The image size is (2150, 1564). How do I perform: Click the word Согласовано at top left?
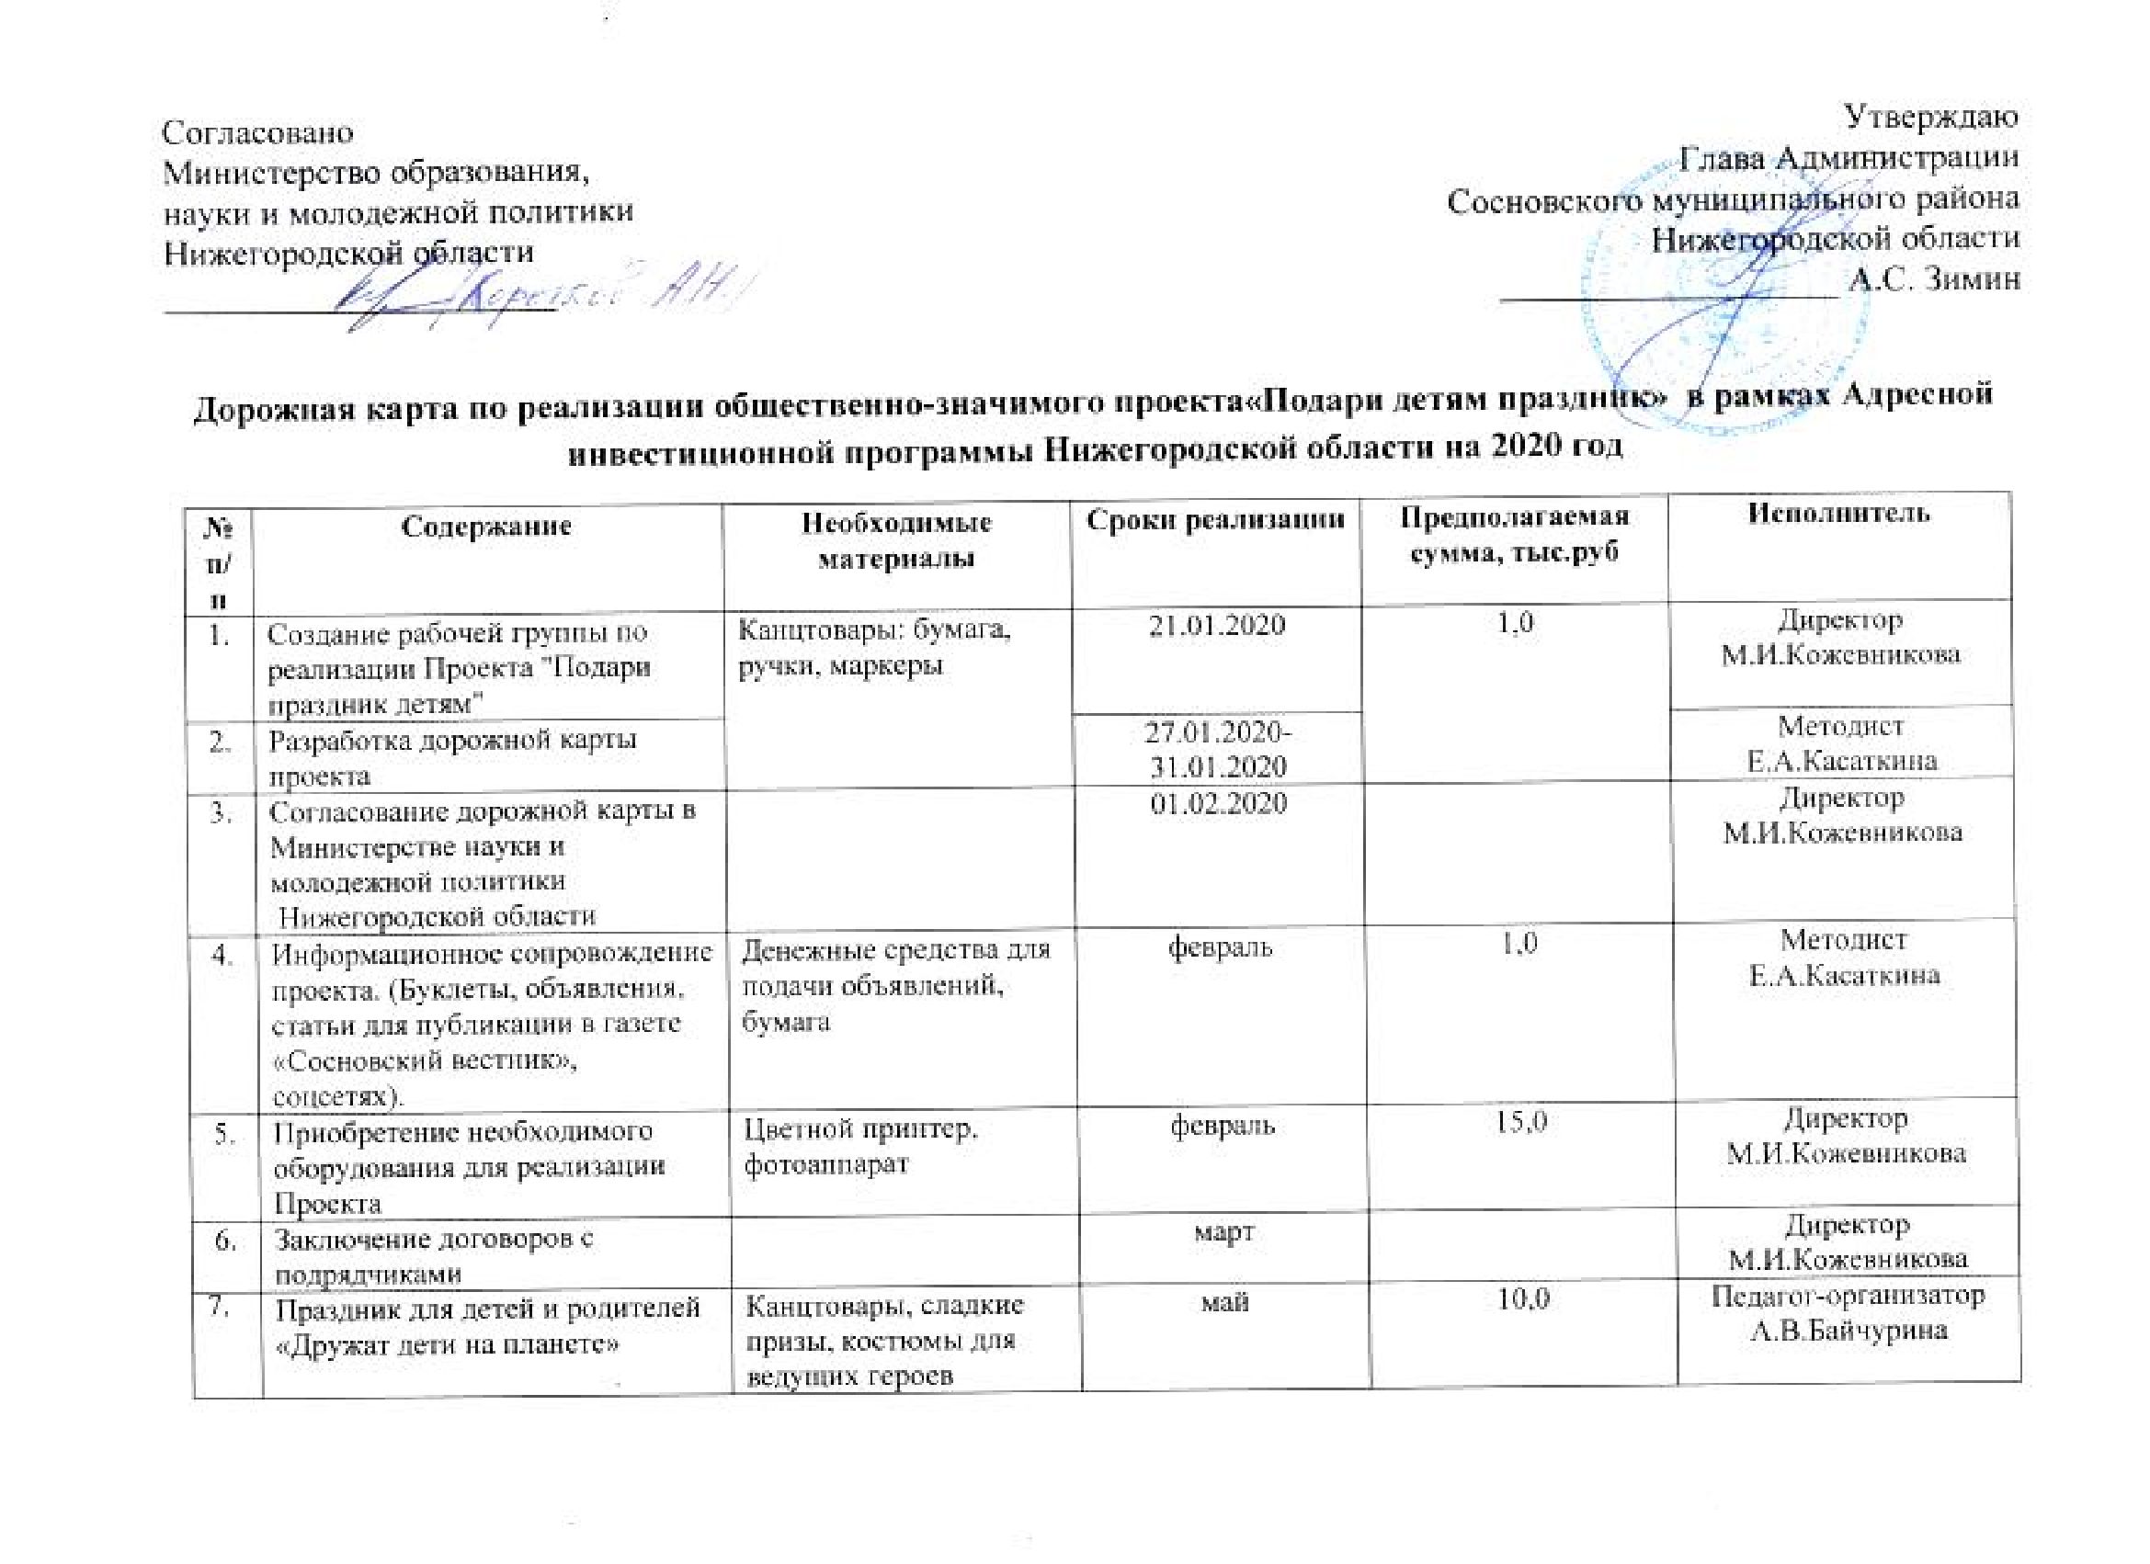tap(259, 131)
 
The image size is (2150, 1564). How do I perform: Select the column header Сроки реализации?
tap(1215, 520)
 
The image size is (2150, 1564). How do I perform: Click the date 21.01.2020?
tap(1216, 626)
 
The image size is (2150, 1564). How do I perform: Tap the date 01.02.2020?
tap(1218, 804)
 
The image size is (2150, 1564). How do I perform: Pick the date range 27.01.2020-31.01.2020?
tap(1217, 748)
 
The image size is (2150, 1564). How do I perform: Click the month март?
tap(1224, 1232)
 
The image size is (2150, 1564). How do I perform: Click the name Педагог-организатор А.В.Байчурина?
tap(1848, 1313)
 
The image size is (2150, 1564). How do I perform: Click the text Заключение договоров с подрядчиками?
tap(435, 1256)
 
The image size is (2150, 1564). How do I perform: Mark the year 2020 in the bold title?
tap(1525, 446)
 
